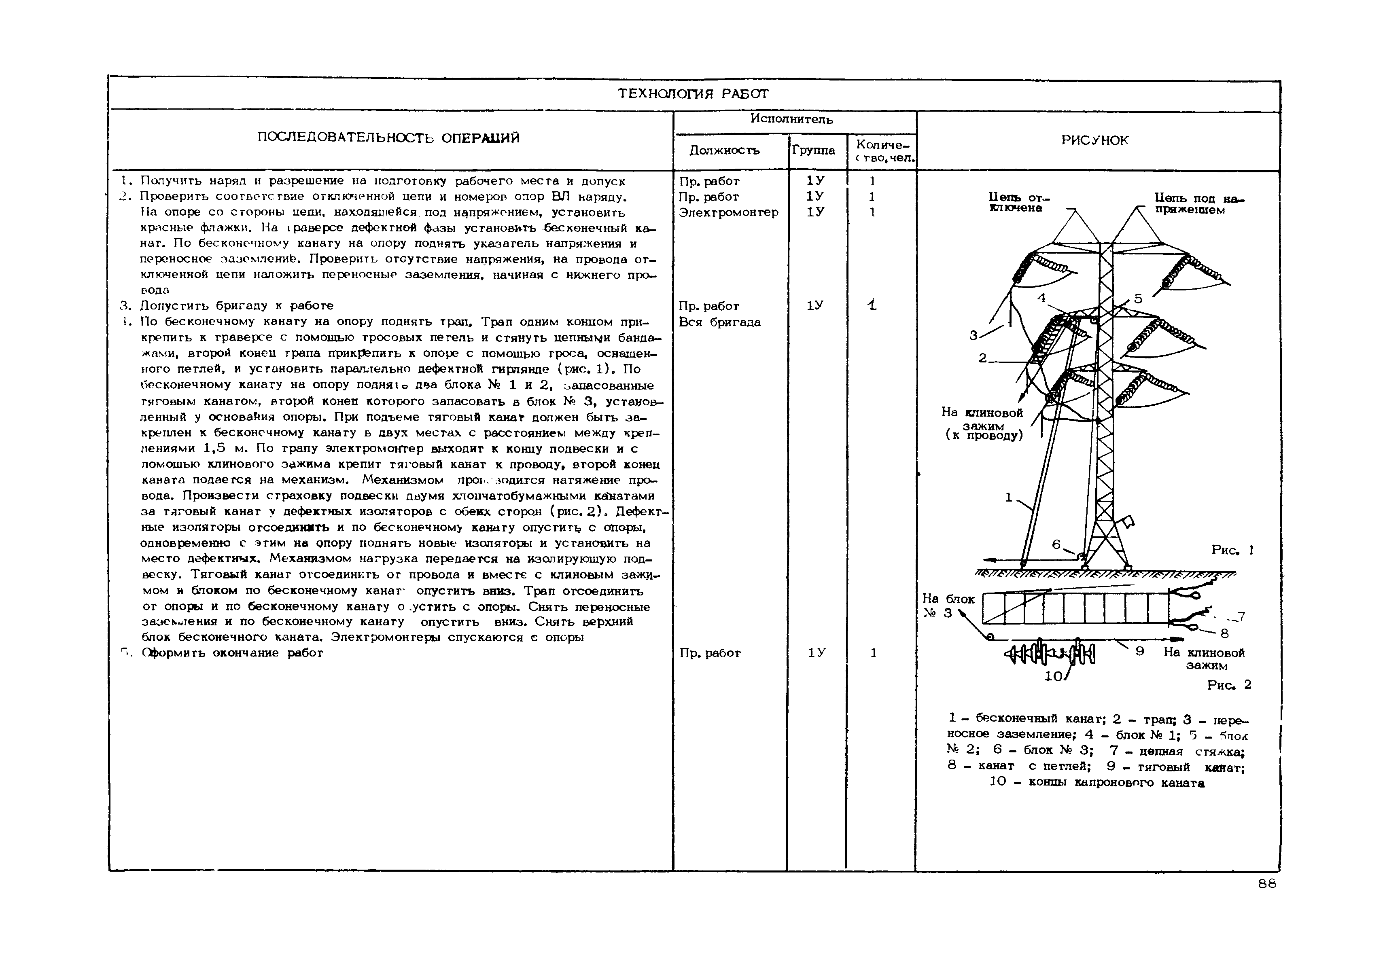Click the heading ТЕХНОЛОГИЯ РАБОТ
(693, 94)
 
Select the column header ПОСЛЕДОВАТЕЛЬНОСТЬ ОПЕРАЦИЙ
(388, 138)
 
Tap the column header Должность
(724, 151)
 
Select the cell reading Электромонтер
(728, 212)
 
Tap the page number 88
(1267, 884)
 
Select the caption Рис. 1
(1232, 550)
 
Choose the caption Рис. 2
(1229, 684)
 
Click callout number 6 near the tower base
(1056, 544)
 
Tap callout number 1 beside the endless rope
(1009, 497)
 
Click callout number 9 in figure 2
(1140, 650)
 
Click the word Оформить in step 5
(169, 653)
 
